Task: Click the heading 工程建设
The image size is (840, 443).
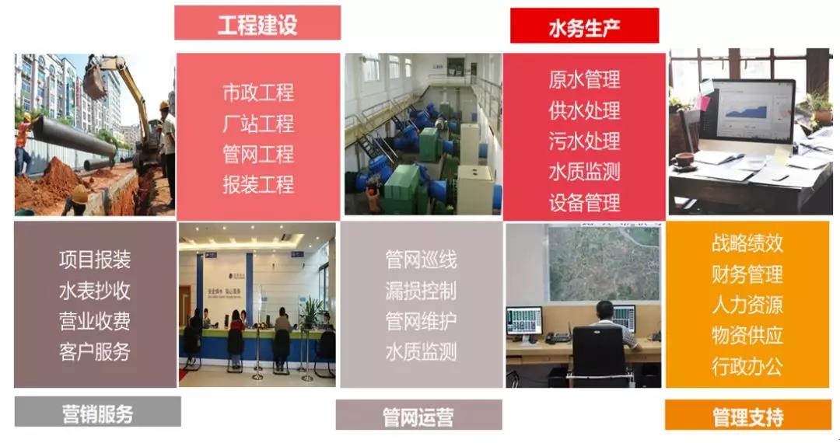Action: (x=257, y=25)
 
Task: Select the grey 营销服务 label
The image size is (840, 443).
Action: (x=97, y=413)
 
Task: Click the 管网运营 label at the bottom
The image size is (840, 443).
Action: (x=418, y=417)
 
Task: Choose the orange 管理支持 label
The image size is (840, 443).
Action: (x=748, y=417)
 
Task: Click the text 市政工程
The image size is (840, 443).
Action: (x=258, y=92)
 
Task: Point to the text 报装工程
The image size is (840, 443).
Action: (x=258, y=185)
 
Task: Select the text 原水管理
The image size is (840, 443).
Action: (x=584, y=80)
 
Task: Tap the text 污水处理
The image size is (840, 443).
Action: (x=584, y=141)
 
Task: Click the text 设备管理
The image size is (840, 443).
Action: (x=584, y=203)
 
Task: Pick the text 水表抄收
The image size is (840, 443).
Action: (x=95, y=291)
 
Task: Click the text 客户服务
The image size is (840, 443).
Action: (x=95, y=352)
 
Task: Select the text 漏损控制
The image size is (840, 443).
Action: (x=421, y=291)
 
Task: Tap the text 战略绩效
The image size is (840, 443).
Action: (x=747, y=243)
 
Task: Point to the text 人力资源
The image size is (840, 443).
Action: (x=747, y=305)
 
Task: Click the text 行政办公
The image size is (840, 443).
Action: (x=747, y=367)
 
